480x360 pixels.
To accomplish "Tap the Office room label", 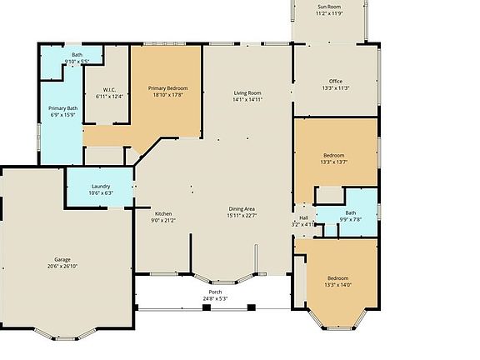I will [x=335, y=81].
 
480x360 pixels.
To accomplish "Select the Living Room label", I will [x=247, y=92].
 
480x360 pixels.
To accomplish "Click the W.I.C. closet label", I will [x=108, y=90].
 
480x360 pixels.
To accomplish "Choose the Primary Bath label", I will [x=62, y=108].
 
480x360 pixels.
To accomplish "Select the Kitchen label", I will [x=162, y=213].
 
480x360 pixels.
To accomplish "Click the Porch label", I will [x=215, y=292].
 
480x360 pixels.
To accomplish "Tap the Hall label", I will [x=304, y=217].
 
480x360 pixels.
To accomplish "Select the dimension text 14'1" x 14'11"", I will [x=247, y=100].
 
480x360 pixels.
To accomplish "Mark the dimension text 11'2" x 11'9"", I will [x=328, y=14].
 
